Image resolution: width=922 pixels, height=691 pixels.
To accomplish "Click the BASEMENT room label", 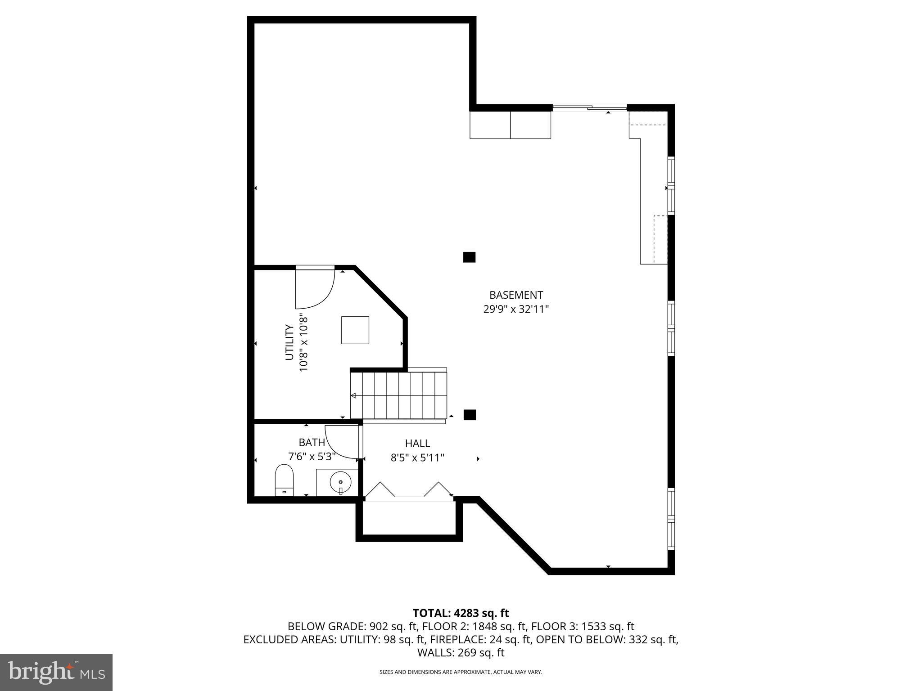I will pos(516,295).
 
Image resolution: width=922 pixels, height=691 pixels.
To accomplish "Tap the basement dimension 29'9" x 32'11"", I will pos(516,310).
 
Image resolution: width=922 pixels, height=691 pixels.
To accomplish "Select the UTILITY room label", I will pos(289,342).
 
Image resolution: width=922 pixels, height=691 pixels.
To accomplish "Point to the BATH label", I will pos(312,443).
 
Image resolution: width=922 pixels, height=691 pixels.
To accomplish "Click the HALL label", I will pos(417,444).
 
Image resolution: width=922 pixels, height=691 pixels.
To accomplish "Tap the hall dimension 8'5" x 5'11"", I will pos(417,458).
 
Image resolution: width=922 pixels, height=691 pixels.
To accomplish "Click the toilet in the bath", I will pos(284,480).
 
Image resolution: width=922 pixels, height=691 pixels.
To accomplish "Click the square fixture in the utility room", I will pos(355,330).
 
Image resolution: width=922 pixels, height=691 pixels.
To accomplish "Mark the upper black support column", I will pos(469,257).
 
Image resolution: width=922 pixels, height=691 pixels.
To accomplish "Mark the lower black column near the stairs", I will pos(470,414).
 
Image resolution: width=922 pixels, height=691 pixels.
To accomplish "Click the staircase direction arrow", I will pos(354,395).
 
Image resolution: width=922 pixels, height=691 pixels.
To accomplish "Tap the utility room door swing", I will pos(315,288).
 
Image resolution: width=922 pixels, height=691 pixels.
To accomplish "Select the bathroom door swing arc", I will pos(341,442).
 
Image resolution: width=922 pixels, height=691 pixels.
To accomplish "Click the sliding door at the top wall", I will pos(589,108).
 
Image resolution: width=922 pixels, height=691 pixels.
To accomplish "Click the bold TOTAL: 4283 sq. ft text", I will pos(461,613).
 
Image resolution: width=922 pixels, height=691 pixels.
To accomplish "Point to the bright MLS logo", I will pos(56,672).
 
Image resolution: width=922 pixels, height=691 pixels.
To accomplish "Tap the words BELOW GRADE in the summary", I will pos(327,626).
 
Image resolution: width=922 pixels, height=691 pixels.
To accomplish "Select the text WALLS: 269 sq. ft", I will pos(461,653).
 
